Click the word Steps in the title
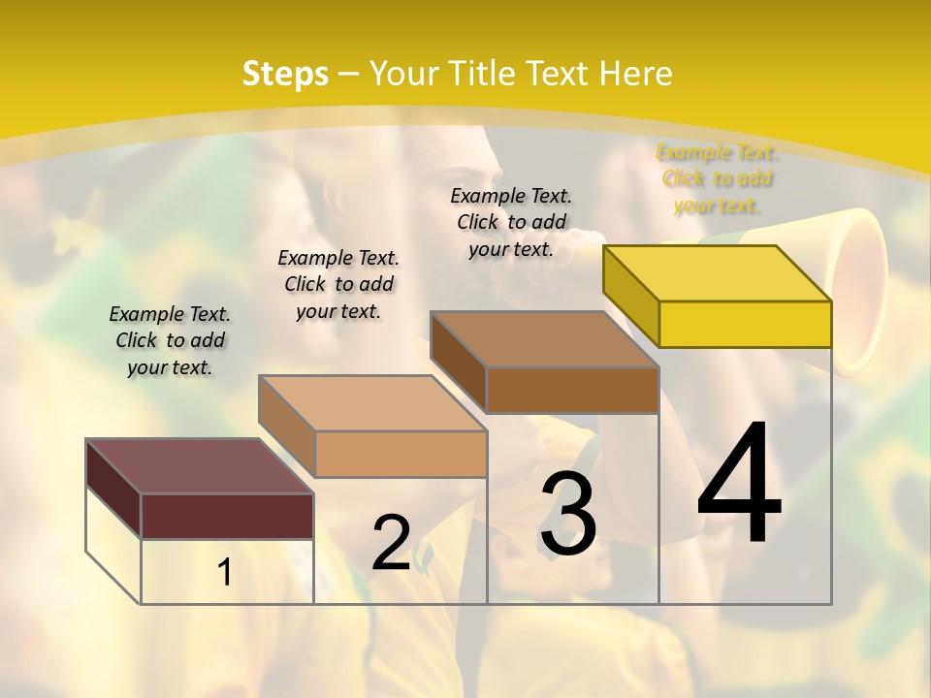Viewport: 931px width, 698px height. coord(285,74)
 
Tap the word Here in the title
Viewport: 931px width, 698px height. coord(635,74)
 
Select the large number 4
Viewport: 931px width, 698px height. coord(739,485)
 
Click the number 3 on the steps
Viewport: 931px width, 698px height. coord(568,514)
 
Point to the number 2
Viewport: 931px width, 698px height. coord(391,543)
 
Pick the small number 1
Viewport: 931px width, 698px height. coord(225,573)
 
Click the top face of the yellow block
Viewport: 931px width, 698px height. coord(718,273)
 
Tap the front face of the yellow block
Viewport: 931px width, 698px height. coord(745,324)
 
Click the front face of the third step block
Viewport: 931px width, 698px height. coord(572,390)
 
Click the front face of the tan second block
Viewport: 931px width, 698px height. coord(401,454)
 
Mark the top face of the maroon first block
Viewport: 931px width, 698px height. coord(200,466)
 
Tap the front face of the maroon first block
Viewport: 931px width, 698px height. coord(227,516)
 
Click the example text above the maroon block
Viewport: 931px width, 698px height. coord(170,340)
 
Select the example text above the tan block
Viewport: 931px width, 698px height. coord(338,284)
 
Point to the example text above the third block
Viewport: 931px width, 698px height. coord(511,222)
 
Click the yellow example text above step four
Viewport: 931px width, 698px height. coord(717,178)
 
